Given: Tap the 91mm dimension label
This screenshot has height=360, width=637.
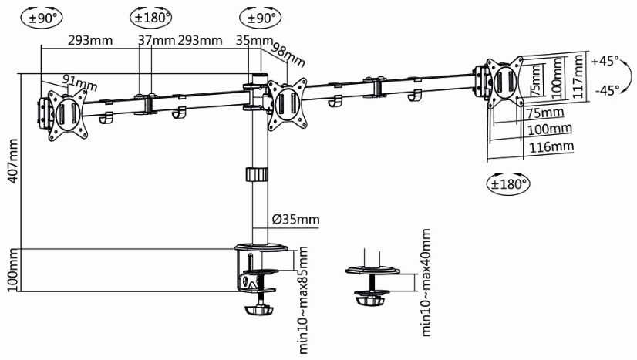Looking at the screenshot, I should coord(59,81).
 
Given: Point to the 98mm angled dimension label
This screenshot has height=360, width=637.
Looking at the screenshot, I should coord(289,56).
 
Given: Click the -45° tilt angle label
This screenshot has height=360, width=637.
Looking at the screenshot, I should coord(607,89).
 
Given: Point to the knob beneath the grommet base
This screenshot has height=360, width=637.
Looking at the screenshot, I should coord(371,298).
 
